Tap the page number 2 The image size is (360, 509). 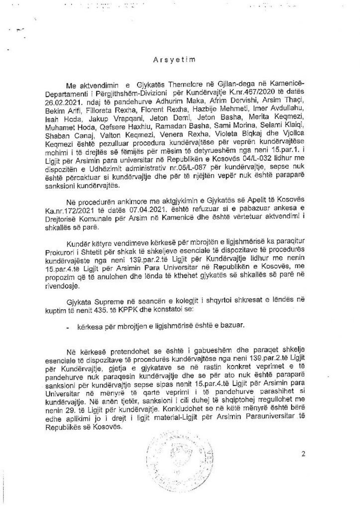coord(303,454)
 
